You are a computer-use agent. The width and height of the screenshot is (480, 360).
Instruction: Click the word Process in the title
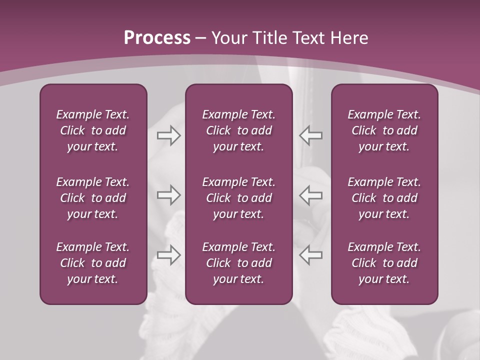(157, 38)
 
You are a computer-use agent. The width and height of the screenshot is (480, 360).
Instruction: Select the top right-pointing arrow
(168, 135)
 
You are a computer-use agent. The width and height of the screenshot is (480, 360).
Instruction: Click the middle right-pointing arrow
(168, 195)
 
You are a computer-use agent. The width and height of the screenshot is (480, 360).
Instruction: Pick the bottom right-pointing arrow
(168, 254)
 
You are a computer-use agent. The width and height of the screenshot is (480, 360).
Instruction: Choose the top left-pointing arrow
(310, 135)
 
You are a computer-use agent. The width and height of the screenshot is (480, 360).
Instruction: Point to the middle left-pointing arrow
(310, 195)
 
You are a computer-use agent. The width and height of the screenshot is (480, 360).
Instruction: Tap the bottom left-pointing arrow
(310, 254)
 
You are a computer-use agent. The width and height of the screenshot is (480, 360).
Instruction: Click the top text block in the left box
(93, 130)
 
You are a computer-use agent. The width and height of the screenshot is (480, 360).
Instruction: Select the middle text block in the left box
(93, 198)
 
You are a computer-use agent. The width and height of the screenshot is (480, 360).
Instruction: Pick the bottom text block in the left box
(93, 263)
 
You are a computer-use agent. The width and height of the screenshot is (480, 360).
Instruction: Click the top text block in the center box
(238, 130)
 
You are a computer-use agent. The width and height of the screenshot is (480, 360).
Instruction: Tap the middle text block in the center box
(238, 198)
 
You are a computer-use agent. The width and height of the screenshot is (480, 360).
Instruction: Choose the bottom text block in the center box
(238, 263)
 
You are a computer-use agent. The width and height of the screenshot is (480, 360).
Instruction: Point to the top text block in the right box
(384, 130)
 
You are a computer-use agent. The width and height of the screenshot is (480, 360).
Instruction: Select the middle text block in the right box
(384, 198)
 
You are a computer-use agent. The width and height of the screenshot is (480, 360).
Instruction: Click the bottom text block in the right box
(384, 263)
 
